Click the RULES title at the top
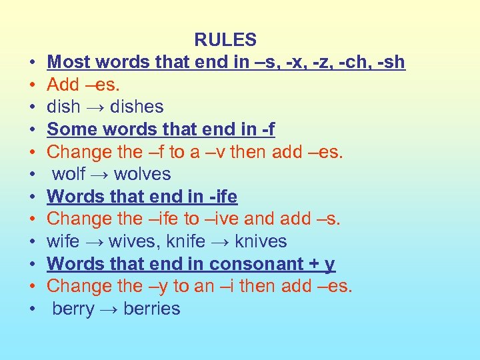(x=225, y=40)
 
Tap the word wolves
(x=143, y=174)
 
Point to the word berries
(x=152, y=309)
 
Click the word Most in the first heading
(x=71, y=62)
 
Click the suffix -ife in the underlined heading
(x=222, y=197)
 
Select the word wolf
(x=69, y=174)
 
